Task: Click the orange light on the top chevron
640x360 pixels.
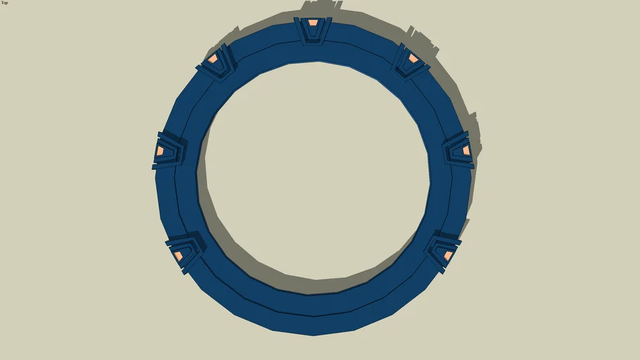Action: pos(313,23)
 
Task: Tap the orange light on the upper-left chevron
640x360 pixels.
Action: pos(212,59)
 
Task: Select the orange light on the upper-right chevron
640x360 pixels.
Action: pos(414,58)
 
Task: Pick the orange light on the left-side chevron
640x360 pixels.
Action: pos(160,150)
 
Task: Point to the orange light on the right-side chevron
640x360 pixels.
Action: pos(466,150)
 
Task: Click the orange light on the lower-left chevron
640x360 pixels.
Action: pos(178,255)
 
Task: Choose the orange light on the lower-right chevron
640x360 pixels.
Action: pos(448,255)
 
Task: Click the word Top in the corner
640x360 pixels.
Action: pos(4,3)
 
